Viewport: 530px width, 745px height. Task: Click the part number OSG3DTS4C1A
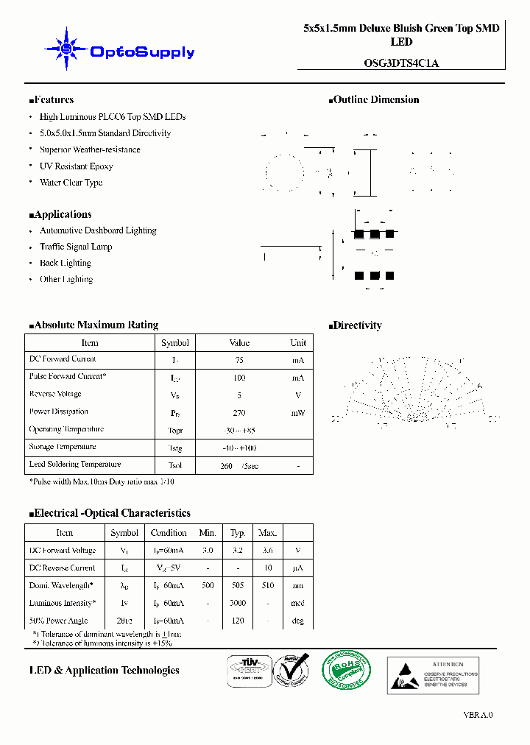[x=401, y=63]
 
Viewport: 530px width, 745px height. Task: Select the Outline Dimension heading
[x=375, y=100]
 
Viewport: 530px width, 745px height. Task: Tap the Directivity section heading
[x=356, y=325]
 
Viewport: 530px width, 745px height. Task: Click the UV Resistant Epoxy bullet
[x=76, y=166]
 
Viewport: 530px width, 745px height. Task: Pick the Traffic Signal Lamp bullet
[x=76, y=247]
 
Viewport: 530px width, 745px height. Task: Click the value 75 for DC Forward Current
[x=239, y=360]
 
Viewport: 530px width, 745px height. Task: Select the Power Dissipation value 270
[x=239, y=413]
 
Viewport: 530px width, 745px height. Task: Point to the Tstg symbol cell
[x=174, y=448]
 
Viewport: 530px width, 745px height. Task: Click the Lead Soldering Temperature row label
[x=75, y=465]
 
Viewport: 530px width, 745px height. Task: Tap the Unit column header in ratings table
[x=298, y=343]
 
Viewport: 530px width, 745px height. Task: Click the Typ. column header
[x=238, y=533]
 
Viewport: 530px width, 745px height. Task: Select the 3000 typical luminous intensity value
[x=238, y=603]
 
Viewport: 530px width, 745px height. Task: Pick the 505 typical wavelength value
[x=238, y=585]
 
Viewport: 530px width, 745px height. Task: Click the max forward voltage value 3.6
[x=268, y=550]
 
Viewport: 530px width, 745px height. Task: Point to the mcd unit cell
[x=297, y=603]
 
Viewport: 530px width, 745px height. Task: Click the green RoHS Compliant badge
[x=347, y=671]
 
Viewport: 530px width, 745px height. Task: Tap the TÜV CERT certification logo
[x=247, y=671]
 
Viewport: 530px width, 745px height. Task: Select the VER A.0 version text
[x=478, y=715]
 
